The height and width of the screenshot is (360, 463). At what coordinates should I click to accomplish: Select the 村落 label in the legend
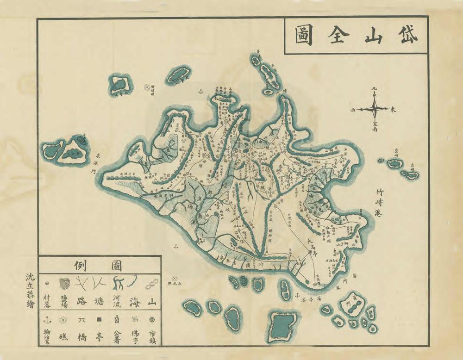(x=47, y=301)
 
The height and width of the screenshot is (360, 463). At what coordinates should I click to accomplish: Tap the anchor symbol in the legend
(x=47, y=319)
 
